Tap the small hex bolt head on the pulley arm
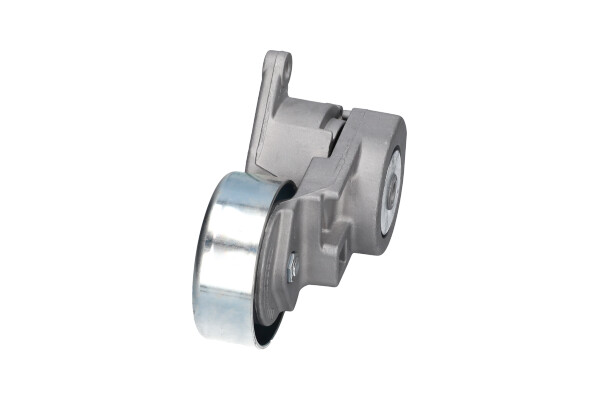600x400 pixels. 293,264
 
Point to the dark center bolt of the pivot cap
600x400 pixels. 392,185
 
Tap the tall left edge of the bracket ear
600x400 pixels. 257,110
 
